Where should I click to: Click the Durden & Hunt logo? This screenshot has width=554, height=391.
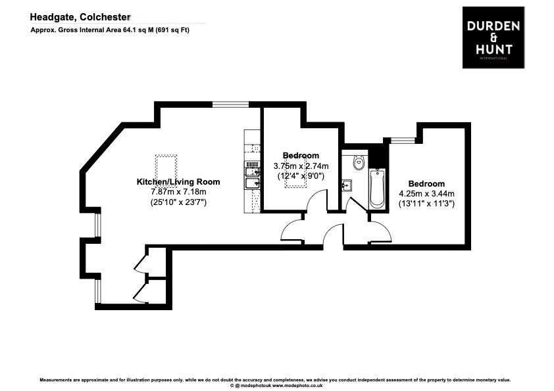point(493,37)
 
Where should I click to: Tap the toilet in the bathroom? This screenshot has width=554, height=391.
point(359,162)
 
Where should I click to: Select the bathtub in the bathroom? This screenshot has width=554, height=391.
point(377,189)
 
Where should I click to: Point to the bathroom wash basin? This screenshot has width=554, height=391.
point(347,186)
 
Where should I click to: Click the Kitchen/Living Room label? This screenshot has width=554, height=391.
point(178,181)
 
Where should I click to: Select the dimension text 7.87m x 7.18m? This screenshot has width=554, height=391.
point(178,192)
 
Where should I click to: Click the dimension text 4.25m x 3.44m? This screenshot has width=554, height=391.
point(426,194)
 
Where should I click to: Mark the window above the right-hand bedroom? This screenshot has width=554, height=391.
point(403,139)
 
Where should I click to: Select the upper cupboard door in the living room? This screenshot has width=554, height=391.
point(141,262)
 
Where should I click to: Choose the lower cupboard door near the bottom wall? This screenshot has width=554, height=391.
point(141,292)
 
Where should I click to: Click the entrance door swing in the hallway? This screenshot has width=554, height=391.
point(333,234)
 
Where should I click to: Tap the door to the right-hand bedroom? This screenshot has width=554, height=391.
point(380,231)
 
